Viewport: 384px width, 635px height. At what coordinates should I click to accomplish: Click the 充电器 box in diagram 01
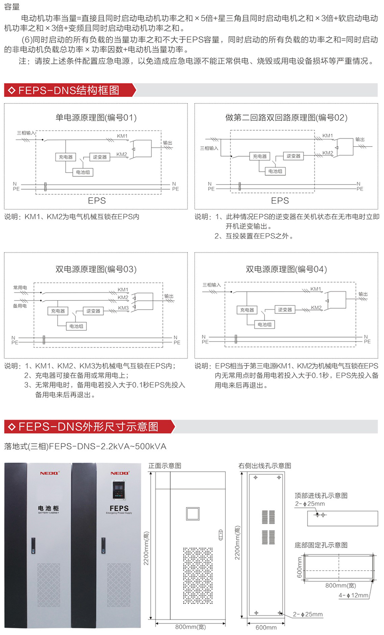[66, 157]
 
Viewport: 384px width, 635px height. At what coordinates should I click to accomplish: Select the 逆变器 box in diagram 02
[293, 156]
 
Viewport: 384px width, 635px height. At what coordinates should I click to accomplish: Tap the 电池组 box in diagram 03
[76, 326]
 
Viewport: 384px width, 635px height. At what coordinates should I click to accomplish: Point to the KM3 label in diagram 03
[124, 308]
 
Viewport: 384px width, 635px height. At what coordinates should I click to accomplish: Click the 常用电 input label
[20, 287]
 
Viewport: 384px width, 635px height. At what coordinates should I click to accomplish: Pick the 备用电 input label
[20, 306]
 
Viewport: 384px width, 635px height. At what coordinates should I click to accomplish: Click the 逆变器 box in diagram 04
[285, 310]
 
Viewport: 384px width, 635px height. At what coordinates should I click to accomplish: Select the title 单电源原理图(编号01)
[96, 117]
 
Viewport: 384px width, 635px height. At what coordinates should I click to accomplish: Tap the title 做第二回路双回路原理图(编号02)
[286, 117]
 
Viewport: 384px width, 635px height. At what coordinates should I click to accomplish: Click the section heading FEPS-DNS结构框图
[69, 90]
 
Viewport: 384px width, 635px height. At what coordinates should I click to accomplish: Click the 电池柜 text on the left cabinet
[48, 508]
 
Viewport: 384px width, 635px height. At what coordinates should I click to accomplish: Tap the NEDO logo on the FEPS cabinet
[119, 473]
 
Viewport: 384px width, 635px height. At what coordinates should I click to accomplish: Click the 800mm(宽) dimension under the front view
[190, 627]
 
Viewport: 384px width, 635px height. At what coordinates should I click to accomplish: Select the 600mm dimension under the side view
[266, 627]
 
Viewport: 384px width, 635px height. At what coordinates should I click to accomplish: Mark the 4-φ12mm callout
[354, 595]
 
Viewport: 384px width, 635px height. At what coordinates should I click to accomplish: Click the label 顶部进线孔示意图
[321, 495]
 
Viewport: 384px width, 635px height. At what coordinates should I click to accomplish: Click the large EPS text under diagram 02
[280, 201]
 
